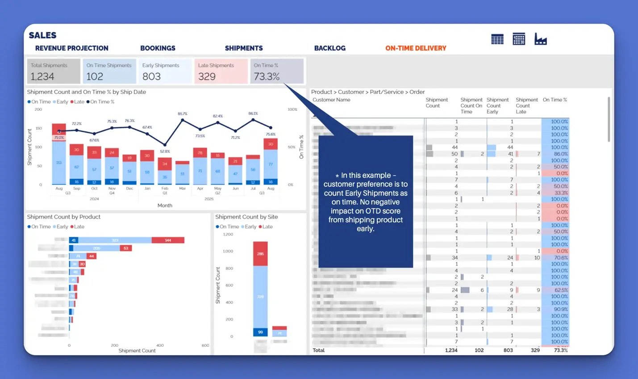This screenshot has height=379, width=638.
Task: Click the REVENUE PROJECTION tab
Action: click(71, 48)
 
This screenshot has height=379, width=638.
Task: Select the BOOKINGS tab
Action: click(158, 48)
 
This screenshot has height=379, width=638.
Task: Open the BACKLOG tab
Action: click(329, 48)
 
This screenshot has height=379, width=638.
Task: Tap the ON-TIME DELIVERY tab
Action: click(416, 48)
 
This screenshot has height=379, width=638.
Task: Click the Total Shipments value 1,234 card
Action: click(43, 76)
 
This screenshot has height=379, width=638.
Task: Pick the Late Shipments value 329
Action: click(207, 76)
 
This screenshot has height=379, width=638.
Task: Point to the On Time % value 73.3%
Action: click(267, 76)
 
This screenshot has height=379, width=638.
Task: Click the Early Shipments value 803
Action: click(151, 76)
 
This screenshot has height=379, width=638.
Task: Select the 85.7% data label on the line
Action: click(182, 114)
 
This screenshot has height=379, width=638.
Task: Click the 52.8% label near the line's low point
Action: click(165, 152)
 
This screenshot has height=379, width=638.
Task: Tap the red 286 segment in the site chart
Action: click(260, 253)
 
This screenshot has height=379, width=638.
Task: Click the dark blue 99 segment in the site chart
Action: click(260, 332)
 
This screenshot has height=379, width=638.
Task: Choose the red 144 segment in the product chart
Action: click(168, 240)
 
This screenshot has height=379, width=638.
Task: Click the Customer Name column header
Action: click(331, 100)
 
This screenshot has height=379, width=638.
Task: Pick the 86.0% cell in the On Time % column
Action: click(560, 154)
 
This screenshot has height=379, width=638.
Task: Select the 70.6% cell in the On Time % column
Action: click(560, 258)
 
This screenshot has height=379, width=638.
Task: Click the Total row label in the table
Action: click(319, 350)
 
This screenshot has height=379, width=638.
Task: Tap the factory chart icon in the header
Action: click(540, 39)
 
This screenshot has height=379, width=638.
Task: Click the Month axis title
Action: click(165, 206)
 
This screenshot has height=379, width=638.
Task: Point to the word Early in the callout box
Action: click(353, 193)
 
